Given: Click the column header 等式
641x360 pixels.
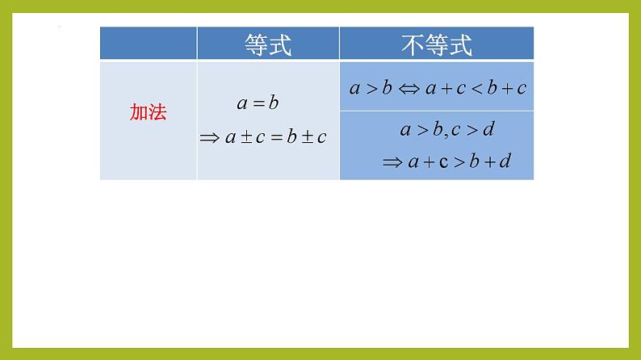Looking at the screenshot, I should click(267, 44).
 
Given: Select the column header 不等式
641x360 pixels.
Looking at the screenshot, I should click(436, 44).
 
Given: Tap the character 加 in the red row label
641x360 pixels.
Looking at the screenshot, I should click(138, 113).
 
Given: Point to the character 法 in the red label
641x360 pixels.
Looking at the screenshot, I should click(157, 113).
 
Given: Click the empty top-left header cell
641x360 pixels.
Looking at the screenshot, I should click(148, 44).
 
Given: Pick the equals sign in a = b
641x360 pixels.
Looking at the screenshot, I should click(258, 103).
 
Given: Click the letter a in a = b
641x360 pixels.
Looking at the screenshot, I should click(241, 104).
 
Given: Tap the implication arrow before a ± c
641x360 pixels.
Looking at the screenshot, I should click(210, 138).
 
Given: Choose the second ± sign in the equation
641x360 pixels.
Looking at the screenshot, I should click(303, 138).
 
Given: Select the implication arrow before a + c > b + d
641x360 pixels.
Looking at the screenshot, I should click(392, 162).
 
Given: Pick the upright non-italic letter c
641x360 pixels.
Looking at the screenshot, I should click(443, 162).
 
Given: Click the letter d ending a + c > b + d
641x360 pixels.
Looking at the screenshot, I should click(505, 161).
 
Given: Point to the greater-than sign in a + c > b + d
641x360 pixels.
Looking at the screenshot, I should click(459, 162).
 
